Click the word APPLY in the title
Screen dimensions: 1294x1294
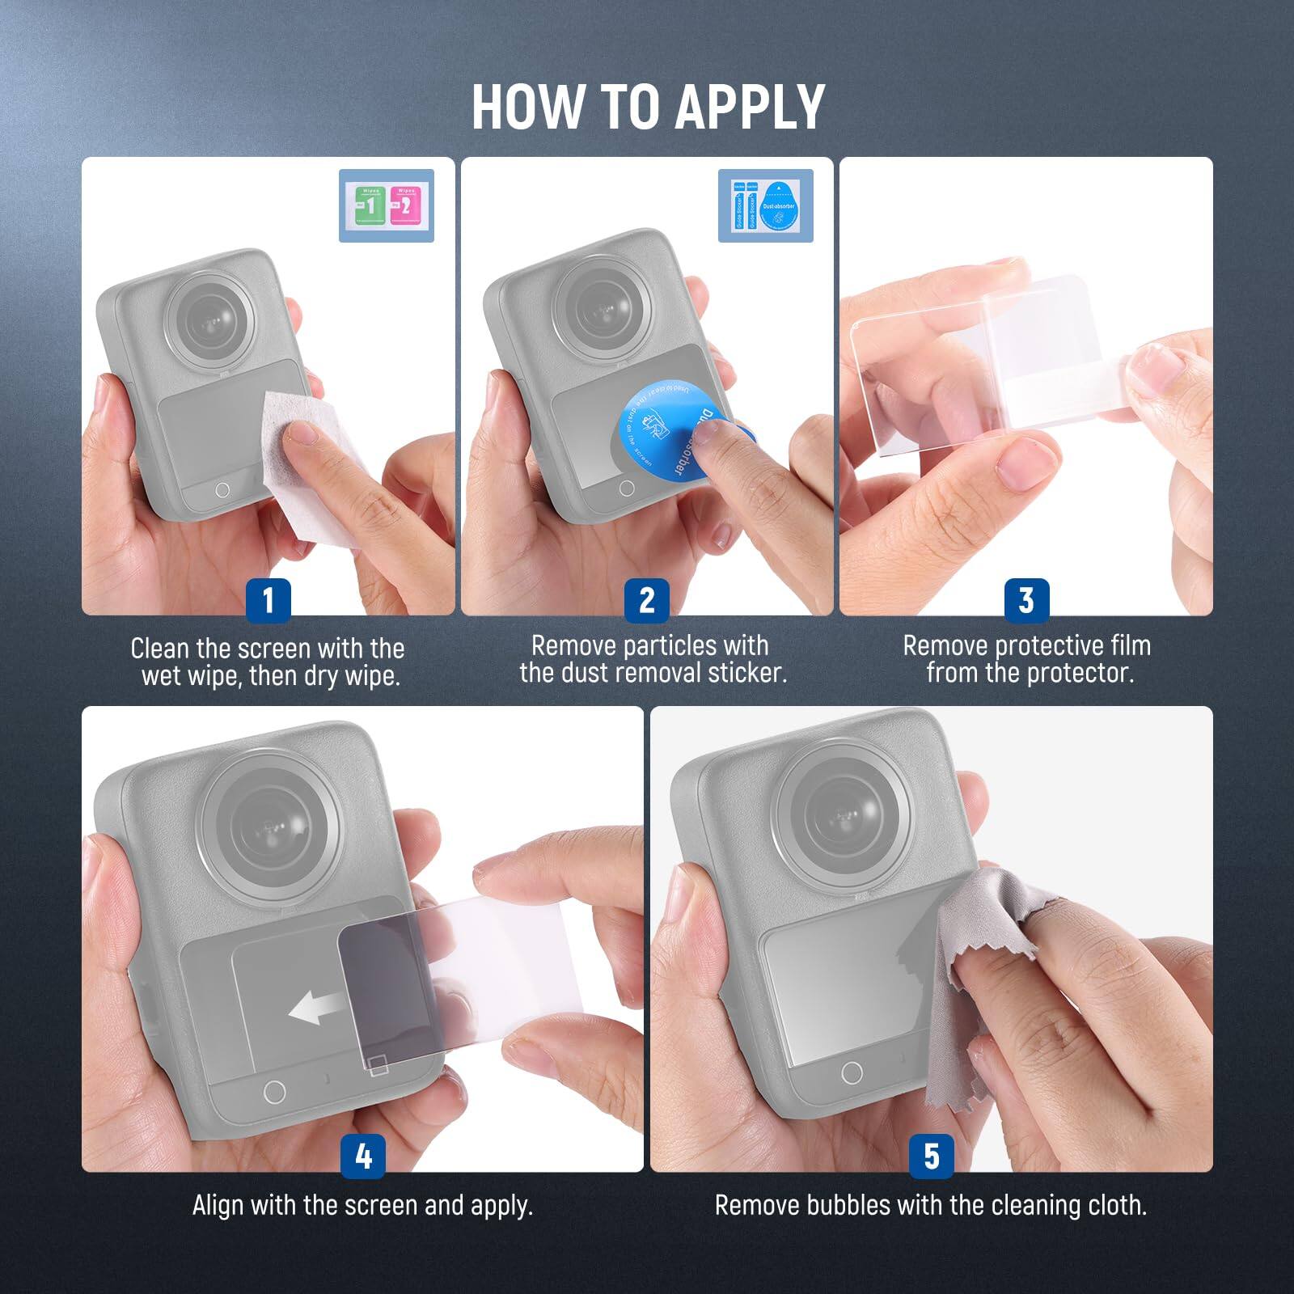click(x=749, y=107)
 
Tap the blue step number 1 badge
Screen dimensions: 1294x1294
click(x=268, y=600)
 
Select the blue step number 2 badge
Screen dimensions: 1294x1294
click(x=646, y=600)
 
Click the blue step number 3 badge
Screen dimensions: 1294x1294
click(x=1025, y=600)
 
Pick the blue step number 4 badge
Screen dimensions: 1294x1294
click(x=363, y=1156)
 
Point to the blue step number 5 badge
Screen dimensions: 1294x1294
click(x=931, y=1156)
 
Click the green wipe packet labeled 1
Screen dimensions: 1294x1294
click(x=370, y=205)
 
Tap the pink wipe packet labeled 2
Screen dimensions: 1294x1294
click(x=404, y=205)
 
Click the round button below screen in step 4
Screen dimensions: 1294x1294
click(x=274, y=1091)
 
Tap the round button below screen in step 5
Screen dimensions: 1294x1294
click(x=852, y=1072)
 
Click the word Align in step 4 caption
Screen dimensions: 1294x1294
click(x=218, y=1206)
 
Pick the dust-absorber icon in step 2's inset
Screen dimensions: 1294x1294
click(x=778, y=207)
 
